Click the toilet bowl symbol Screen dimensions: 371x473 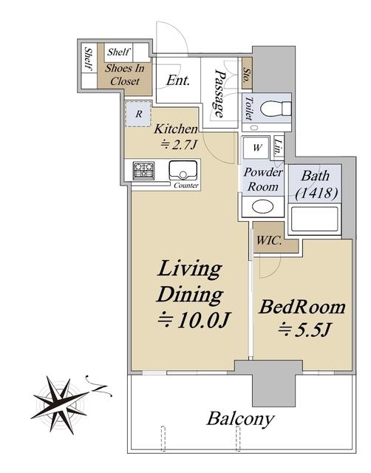point(276,108)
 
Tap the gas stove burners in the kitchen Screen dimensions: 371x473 point(143,171)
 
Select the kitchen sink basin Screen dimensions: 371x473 point(183,171)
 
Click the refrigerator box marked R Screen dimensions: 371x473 point(138,114)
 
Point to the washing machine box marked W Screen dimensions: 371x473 point(256,148)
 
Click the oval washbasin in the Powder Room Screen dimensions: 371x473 point(263,207)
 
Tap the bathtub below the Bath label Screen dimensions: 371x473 point(314,220)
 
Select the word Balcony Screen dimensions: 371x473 point(240,419)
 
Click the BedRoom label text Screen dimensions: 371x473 point(302,307)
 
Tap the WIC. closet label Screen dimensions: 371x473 point(269,241)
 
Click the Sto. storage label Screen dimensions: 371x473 point(248,74)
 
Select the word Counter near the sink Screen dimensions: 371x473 point(186,186)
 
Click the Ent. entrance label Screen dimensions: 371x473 point(178,81)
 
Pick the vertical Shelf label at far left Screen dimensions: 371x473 point(89,59)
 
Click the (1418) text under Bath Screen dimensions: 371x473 point(316,193)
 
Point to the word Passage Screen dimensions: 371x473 point(219,94)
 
